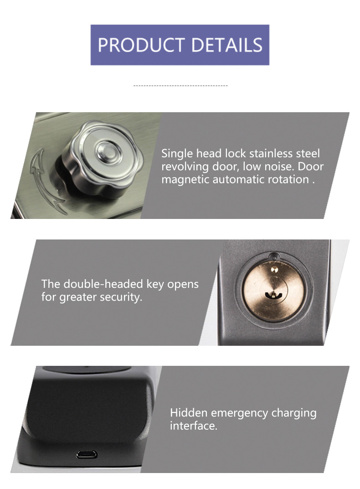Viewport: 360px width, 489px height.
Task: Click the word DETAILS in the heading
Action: coord(227,45)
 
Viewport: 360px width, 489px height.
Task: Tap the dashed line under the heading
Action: coord(180,85)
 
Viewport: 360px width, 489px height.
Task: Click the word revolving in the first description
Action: coord(185,167)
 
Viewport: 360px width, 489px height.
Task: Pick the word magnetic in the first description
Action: coord(185,180)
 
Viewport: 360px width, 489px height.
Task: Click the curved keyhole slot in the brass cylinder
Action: coord(273,295)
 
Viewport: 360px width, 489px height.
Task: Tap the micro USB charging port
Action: coord(87,454)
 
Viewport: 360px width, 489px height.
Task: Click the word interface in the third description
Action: coord(193,426)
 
